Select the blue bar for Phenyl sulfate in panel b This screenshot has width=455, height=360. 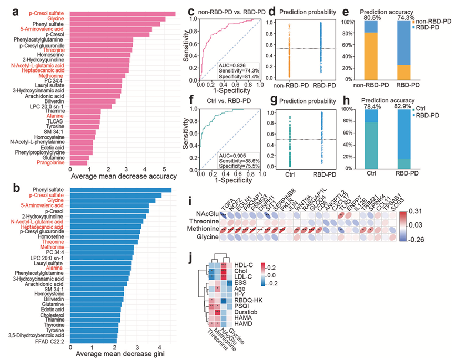(x=126, y=190)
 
